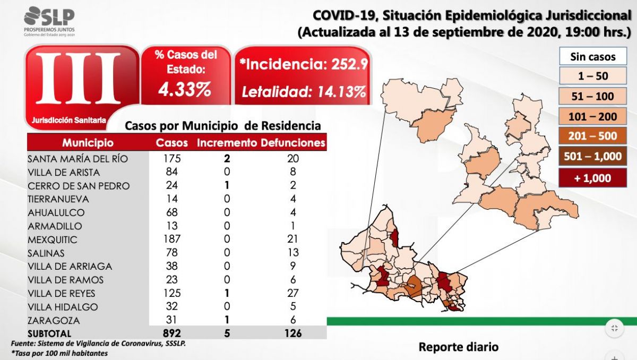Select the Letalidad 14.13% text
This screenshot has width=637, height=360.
(x=304, y=92)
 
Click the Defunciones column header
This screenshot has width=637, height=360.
(x=293, y=143)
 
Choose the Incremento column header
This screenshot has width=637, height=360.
(x=227, y=143)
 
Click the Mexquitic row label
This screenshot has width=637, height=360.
(x=53, y=239)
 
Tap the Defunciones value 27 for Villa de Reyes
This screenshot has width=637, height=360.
(x=293, y=293)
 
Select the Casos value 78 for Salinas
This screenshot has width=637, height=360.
(x=172, y=253)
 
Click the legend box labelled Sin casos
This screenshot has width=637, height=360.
(x=593, y=56)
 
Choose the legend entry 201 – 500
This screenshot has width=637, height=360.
(x=593, y=136)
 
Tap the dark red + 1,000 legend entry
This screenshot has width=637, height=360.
(x=593, y=178)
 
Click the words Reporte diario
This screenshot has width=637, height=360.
(x=459, y=347)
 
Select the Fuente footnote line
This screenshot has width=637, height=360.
(x=99, y=344)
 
